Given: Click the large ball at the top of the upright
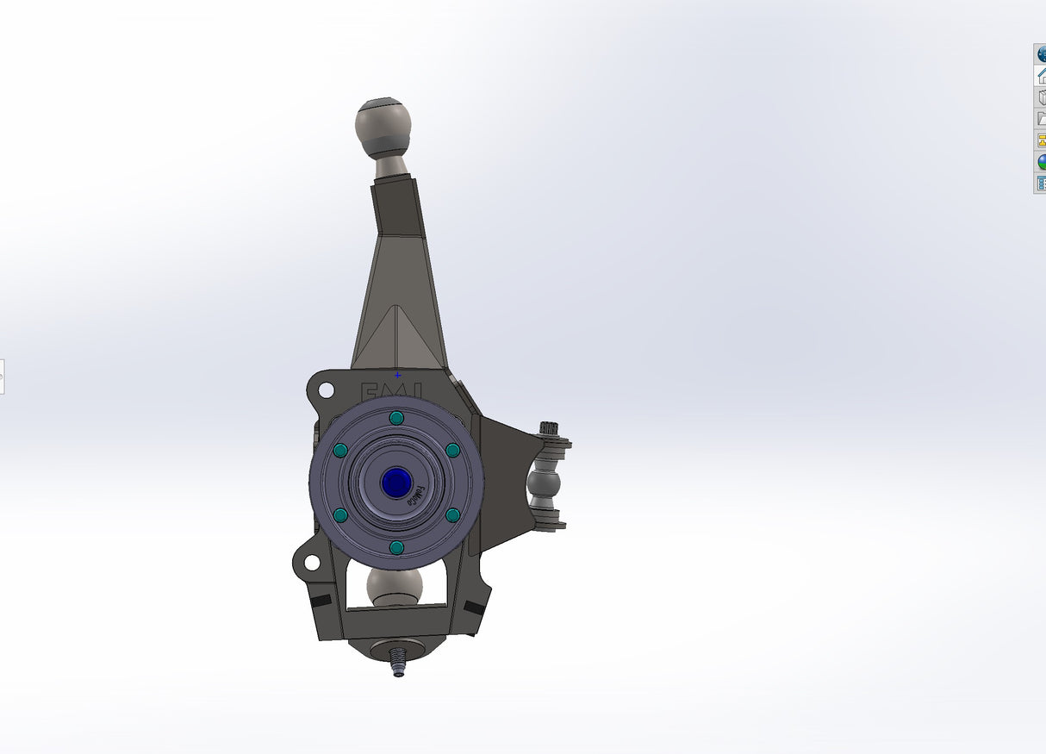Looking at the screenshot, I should click(383, 127).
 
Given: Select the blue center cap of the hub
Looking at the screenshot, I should click(396, 483).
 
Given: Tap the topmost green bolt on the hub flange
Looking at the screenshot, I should click(396, 418).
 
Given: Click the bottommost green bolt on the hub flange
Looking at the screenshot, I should click(396, 547).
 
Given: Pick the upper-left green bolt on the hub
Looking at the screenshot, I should click(339, 451).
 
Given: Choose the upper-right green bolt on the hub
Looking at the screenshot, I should click(452, 450).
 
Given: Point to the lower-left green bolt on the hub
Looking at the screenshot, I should click(339, 515).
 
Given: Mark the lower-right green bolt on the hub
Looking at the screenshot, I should click(452, 515).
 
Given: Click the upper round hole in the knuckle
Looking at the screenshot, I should click(326, 390).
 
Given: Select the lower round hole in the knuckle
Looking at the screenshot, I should click(310, 562).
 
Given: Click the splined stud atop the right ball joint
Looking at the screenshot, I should click(549, 429).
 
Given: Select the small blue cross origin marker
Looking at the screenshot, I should click(397, 375).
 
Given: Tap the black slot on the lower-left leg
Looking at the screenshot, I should click(320, 600).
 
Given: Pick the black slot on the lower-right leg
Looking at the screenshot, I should click(474, 607).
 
